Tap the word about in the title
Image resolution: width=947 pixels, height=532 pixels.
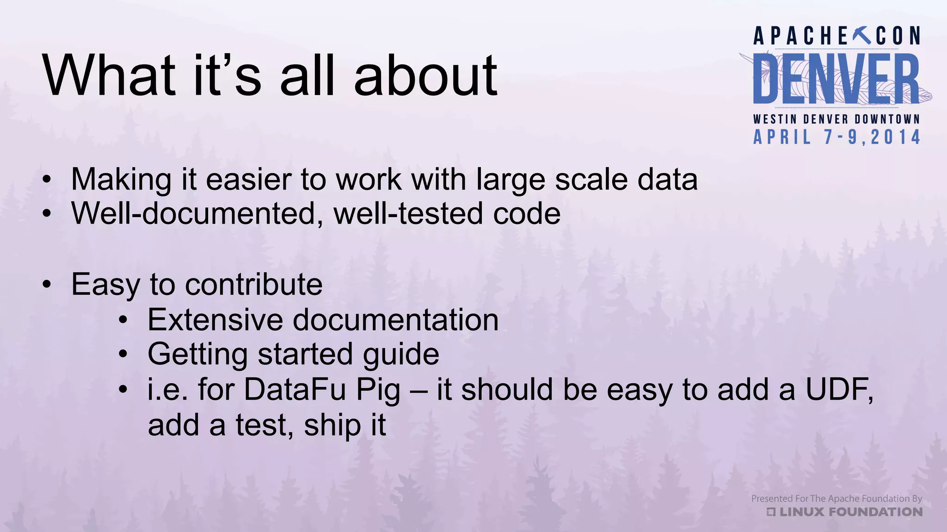(425, 75)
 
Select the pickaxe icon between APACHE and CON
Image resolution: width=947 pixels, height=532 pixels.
(861, 36)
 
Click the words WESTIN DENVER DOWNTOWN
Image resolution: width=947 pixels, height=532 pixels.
(836, 119)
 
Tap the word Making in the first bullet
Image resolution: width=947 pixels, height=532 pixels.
(121, 180)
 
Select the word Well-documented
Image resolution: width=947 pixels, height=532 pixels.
(193, 214)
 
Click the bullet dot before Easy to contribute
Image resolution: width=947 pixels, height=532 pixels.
(46, 285)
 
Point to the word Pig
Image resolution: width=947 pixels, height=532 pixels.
(378, 390)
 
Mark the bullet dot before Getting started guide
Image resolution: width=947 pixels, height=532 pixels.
(123, 355)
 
